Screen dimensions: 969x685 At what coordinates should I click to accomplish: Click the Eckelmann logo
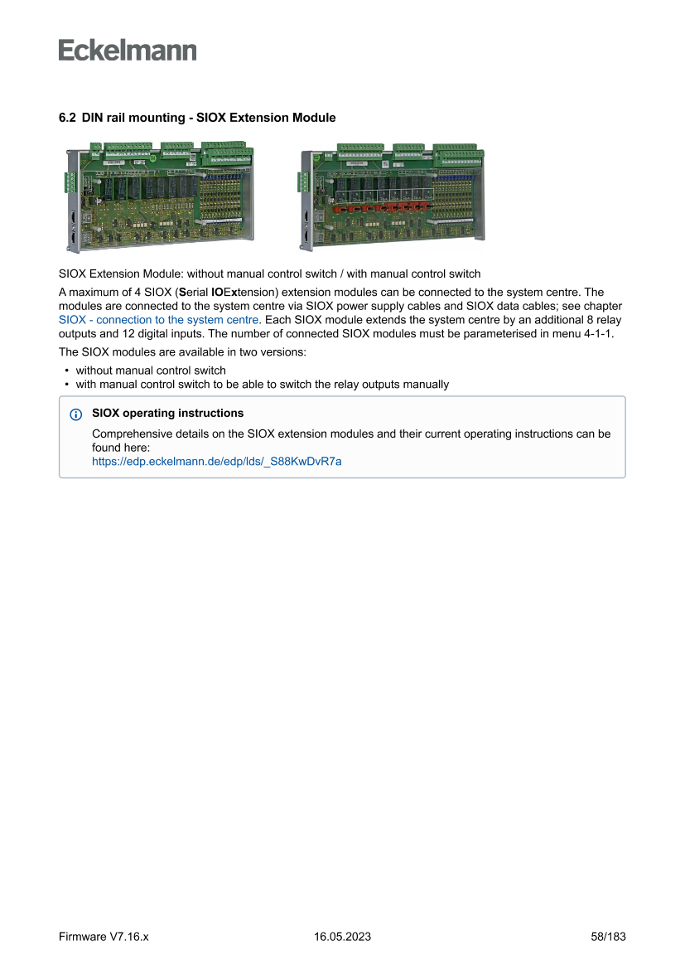pyautogui.click(x=128, y=51)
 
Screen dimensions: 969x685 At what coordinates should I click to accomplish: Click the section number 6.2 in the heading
pyautogui.click(x=67, y=118)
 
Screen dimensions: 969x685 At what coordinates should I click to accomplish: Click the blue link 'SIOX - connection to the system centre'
pyautogui.click(x=159, y=319)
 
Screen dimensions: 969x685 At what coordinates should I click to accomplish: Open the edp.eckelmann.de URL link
pyautogui.click(x=216, y=462)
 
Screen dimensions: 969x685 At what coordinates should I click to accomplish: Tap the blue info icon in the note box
pyautogui.click(x=76, y=414)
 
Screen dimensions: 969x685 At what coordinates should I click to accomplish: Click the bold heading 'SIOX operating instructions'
pyautogui.click(x=167, y=413)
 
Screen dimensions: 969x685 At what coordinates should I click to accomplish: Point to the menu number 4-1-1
pyautogui.click(x=595, y=333)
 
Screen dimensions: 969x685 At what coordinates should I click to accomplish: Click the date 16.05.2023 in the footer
pyautogui.click(x=342, y=937)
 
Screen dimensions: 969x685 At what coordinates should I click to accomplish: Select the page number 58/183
pyautogui.click(x=608, y=937)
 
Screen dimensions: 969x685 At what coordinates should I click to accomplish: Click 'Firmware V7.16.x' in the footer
pyautogui.click(x=104, y=937)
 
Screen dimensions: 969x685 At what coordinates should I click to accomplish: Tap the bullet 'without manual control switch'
pyautogui.click(x=151, y=371)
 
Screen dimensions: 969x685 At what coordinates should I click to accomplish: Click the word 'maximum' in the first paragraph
pyautogui.click(x=96, y=292)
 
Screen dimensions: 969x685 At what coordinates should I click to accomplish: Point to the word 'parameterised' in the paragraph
pyautogui.click(x=507, y=333)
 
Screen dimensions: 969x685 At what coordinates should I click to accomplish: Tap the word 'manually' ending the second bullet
pyautogui.click(x=426, y=385)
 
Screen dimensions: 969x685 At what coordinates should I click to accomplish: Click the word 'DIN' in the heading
pyautogui.click(x=94, y=118)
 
